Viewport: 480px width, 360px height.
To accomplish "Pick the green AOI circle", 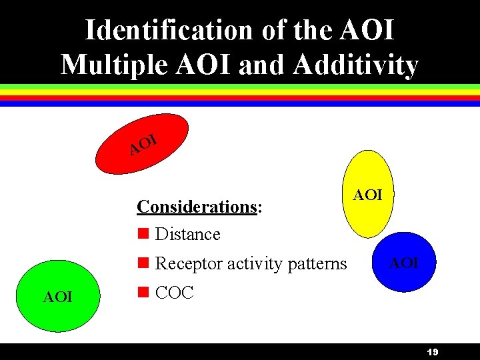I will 57,297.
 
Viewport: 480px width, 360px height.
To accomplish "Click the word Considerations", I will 197,207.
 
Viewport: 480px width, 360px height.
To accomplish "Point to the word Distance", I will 187,235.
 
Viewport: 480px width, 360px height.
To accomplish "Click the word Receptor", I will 189,264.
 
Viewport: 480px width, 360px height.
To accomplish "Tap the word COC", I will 174,293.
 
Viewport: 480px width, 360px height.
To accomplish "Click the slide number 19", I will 431,352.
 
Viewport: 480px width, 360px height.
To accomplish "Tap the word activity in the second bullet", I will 252,264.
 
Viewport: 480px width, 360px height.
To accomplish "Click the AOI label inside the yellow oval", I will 367,195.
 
